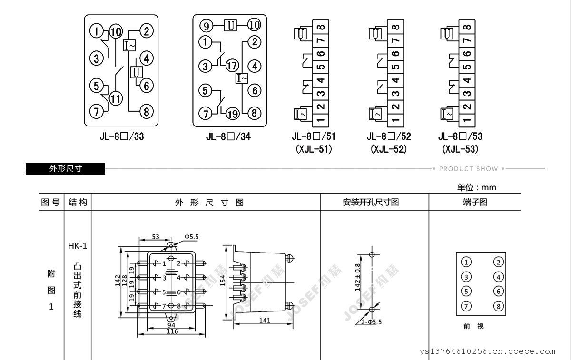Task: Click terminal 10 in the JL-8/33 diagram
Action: [116, 32]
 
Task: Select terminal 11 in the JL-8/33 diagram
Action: [116, 98]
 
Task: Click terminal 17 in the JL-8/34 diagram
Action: [232, 66]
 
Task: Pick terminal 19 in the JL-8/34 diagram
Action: [232, 113]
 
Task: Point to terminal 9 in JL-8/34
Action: [206, 25]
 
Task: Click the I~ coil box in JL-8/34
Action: [242, 78]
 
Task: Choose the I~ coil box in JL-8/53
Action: [447, 114]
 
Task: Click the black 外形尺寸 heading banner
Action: [66, 169]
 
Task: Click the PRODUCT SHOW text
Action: [468, 169]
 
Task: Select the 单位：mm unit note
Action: [477, 187]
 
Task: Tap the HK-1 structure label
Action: [78, 246]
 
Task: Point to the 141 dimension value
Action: [265, 321]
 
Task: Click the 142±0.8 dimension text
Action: [357, 278]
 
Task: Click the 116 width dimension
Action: [172, 331]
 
